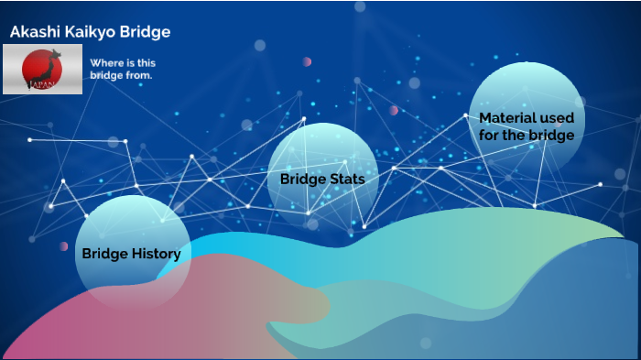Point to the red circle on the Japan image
point(37,66)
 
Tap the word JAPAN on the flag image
point(41,84)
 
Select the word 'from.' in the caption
point(140,75)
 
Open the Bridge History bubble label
point(131,254)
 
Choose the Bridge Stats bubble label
point(322,179)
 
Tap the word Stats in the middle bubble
point(346,179)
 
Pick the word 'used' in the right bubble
point(557,118)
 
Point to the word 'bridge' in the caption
point(106,75)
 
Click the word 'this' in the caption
point(142,63)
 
